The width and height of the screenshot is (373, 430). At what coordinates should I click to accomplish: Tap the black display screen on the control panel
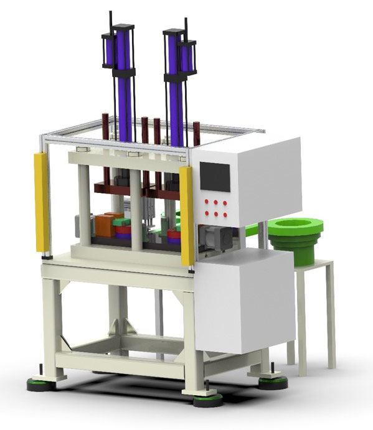coord(214,176)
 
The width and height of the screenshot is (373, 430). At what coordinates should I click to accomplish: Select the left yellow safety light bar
coord(42,202)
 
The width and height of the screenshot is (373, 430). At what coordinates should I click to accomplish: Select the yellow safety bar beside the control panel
coord(186,215)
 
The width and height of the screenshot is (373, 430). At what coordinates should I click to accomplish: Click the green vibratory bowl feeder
coord(296,235)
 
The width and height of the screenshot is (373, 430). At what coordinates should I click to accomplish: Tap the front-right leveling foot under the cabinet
coord(208,399)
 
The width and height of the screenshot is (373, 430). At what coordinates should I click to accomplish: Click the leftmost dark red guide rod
coord(105,124)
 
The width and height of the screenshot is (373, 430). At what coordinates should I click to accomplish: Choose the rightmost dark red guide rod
coord(196,133)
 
